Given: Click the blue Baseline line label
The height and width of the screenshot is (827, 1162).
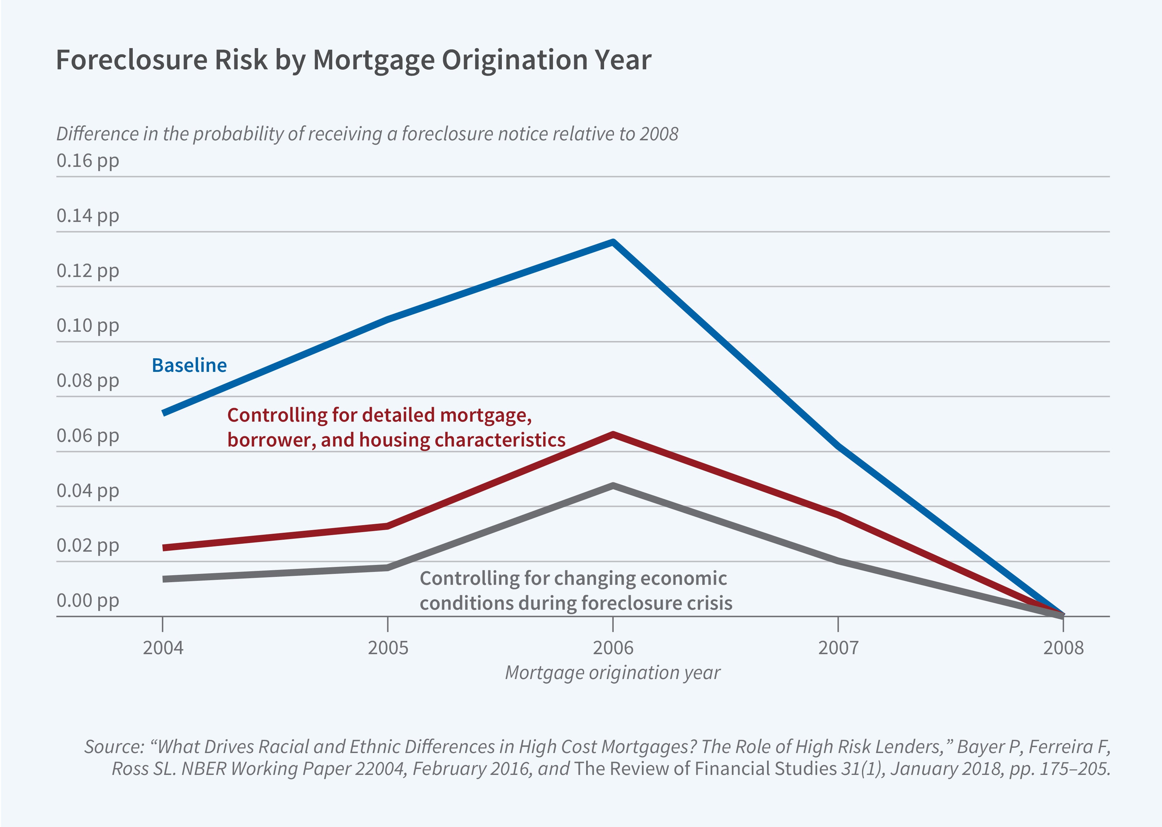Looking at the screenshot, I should point(189,365).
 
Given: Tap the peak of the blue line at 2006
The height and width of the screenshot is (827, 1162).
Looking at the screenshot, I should point(613,242).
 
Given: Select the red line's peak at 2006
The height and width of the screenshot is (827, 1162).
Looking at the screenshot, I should point(613,434).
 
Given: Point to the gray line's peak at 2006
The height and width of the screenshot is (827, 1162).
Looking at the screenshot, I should point(613,486).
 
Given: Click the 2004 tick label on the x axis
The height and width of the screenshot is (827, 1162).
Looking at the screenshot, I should point(163,648).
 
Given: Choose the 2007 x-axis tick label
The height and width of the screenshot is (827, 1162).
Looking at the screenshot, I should point(838,648).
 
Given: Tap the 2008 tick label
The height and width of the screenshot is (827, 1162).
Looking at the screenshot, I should point(1063,648).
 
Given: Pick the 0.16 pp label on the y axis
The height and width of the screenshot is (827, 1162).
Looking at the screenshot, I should point(88,161).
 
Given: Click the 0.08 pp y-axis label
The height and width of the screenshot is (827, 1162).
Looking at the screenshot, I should point(88,380).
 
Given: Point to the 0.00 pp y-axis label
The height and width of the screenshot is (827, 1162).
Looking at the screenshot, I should point(88,600).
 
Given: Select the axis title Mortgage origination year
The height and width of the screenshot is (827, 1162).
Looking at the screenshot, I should point(612,673).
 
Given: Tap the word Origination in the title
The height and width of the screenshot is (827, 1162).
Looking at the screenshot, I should point(509,60).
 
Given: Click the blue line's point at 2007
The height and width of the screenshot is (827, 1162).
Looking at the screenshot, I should point(838,447).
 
